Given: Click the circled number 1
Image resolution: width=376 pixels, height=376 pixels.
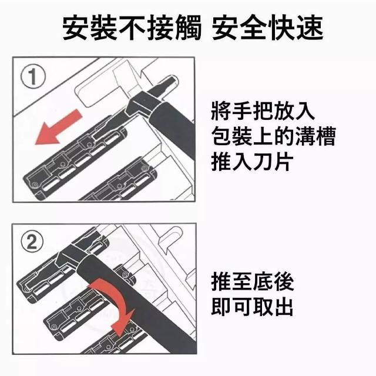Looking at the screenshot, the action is coord(33,77).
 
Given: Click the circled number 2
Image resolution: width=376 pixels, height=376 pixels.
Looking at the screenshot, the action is coord(32,242).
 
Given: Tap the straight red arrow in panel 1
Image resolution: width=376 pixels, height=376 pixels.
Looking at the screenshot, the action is coord(59,127).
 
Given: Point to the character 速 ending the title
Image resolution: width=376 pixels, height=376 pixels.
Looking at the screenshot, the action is coord(310,27).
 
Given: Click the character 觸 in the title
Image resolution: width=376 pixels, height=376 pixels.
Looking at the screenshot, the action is coord(187,27).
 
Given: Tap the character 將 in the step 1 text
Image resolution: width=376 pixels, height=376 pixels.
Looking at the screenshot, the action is coord(221,111).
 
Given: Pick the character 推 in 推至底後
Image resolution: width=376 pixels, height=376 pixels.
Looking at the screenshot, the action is coord(221,281).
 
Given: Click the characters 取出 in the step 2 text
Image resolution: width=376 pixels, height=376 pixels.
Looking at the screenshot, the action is coord(273,306).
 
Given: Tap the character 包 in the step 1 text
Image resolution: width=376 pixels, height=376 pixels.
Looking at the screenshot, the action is coord(221,136).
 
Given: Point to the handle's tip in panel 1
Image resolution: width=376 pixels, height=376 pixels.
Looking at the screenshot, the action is coord(174,78).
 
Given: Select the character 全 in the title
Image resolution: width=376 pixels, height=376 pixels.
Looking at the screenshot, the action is coord(254,27).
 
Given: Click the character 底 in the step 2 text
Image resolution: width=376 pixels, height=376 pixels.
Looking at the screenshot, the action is coord(263,281).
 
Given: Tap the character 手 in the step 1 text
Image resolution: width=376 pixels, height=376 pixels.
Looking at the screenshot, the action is coord(242,111).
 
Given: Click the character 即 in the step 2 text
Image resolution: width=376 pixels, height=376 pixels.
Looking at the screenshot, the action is coord(221,306).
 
